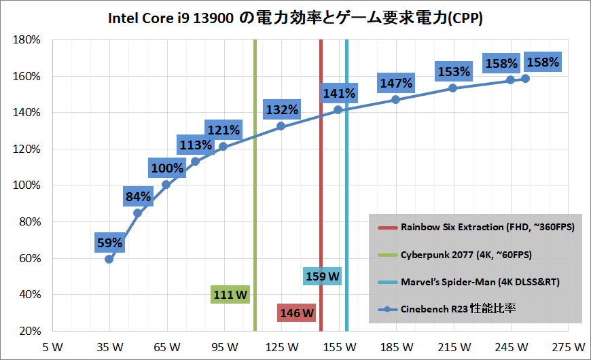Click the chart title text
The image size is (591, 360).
pyautogui.click(x=295, y=19)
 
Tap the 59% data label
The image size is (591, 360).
pyautogui.click(x=109, y=242)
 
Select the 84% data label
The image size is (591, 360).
pyautogui.click(x=138, y=197)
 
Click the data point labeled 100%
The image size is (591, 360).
pyautogui.click(x=166, y=184)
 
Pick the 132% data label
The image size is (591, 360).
pyautogui.click(x=282, y=109)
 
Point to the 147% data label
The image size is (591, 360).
pyautogui.click(x=396, y=84)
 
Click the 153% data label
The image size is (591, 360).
pyautogui.click(x=453, y=71)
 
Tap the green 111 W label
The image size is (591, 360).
pyautogui.click(x=230, y=295)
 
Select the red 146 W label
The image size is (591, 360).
pyautogui.click(x=297, y=312)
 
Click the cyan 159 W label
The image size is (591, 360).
pyautogui.click(x=322, y=276)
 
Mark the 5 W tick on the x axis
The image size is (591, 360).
pyautogui.click(x=52, y=346)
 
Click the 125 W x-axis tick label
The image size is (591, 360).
pyautogui.click(x=282, y=346)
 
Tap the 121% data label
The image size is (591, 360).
pyautogui.click(x=223, y=130)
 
